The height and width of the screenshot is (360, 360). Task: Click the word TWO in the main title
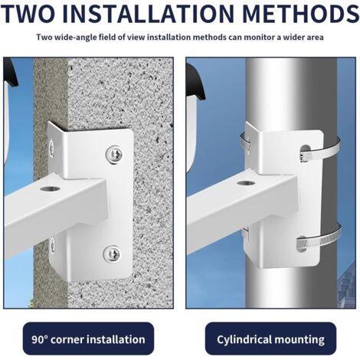tap(34, 15)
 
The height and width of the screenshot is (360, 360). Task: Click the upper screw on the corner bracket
tap(113, 154)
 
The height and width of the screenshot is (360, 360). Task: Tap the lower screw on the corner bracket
tap(112, 253)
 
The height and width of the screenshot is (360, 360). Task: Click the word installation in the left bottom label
tap(119, 339)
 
